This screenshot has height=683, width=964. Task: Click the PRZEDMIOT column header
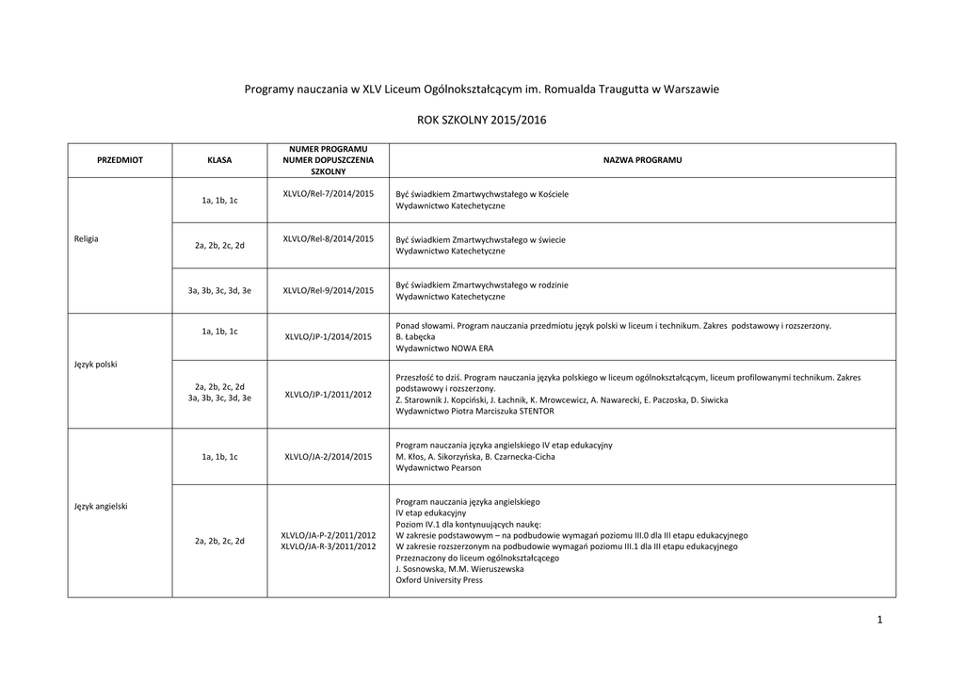click(x=120, y=160)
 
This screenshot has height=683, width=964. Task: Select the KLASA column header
click(x=219, y=160)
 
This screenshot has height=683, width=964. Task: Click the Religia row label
click(x=86, y=238)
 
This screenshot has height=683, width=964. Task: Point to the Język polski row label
click(x=95, y=364)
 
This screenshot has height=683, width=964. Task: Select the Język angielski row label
click(x=101, y=506)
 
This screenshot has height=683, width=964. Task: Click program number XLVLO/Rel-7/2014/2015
click(x=329, y=193)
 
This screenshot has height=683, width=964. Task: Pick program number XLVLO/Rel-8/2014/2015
click(x=329, y=238)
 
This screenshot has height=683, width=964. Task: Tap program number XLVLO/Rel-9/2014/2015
click(x=329, y=290)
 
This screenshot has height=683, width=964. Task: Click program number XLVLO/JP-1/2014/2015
click(x=329, y=336)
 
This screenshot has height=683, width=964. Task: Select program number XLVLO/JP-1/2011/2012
click(x=329, y=394)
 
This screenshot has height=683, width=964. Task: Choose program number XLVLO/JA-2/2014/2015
click(x=329, y=456)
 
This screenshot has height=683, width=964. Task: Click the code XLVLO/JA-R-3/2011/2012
click(x=329, y=546)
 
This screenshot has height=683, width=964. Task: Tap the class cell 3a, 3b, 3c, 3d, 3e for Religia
click(x=219, y=290)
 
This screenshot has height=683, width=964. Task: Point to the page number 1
click(x=878, y=619)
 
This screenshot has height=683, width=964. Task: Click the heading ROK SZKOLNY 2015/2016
click(x=481, y=120)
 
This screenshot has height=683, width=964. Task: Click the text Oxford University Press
click(x=439, y=580)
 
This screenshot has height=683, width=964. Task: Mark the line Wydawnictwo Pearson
click(x=438, y=467)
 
